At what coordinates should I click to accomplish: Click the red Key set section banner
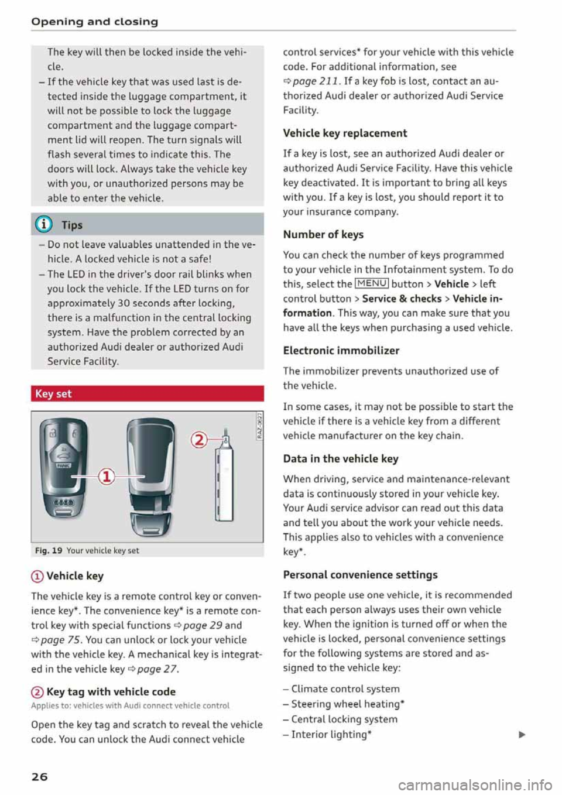[x=147, y=394]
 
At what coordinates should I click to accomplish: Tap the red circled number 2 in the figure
[x=200, y=439]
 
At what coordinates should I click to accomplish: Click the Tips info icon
[x=44, y=225]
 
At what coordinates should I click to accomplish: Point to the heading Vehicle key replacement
[x=345, y=133]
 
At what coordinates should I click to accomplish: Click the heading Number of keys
[x=323, y=234]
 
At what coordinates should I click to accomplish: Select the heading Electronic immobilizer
[x=341, y=351]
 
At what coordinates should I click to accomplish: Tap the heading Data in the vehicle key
[x=340, y=458]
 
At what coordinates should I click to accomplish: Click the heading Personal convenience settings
[x=360, y=574]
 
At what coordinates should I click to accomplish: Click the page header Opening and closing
[x=95, y=22]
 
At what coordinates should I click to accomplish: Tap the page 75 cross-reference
[x=57, y=640]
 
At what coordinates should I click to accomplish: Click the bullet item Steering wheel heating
[x=348, y=704]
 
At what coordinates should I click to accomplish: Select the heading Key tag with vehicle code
[x=111, y=691]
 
